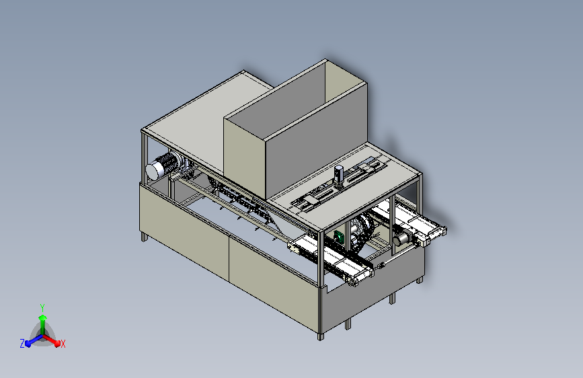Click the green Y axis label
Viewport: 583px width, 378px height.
pos(42,308)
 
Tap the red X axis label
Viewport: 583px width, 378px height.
pos(63,344)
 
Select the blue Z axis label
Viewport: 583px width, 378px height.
pos(22,344)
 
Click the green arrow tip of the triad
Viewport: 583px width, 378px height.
pos(43,317)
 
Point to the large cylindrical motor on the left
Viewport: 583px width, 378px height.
pos(163,165)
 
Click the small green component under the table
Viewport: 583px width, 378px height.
pos(339,237)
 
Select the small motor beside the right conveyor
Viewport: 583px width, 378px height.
pos(401,239)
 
